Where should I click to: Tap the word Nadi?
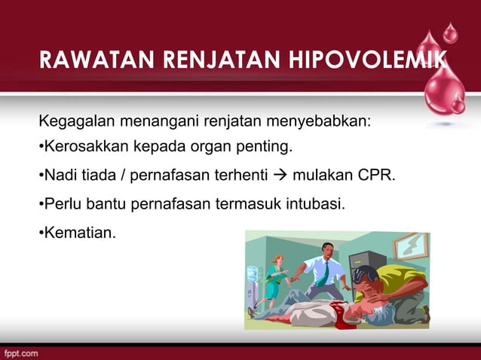pyautogui.click(x=60, y=176)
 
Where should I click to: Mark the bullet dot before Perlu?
pyautogui.click(x=41, y=203)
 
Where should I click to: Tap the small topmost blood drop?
pyautogui.click(x=450, y=32)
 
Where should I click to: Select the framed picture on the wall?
pyautogui.click(x=410, y=245)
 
